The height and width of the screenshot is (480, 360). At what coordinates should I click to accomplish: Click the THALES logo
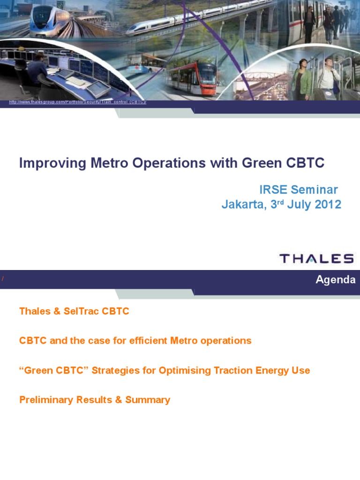click(316, 258)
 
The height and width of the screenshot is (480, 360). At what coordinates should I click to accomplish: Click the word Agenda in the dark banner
click(335, 280)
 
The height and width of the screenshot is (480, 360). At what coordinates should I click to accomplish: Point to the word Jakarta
click(244, 205)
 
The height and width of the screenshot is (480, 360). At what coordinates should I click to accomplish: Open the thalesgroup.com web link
click(78, 102)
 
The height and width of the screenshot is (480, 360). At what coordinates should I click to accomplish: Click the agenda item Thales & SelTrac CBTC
click(74, 311)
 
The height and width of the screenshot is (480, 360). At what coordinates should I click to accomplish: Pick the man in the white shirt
click(328, 75)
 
